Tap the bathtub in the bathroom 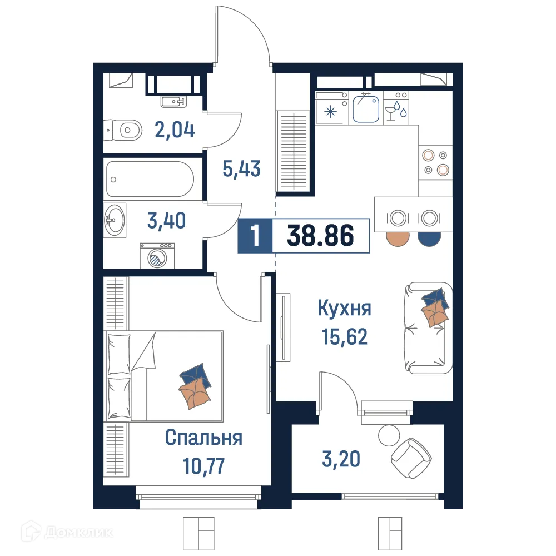pos(150,179)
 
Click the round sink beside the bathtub pos(115,220)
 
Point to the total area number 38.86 pos(321,236)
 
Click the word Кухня pos(344,308)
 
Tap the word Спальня pos(203,438)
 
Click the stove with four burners pos(435,162)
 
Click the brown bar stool pos(398,237)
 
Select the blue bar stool pos(429,237)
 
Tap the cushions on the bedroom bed pos(195,386)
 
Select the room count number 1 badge pos(255,236)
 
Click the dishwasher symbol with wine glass pos(396,108)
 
